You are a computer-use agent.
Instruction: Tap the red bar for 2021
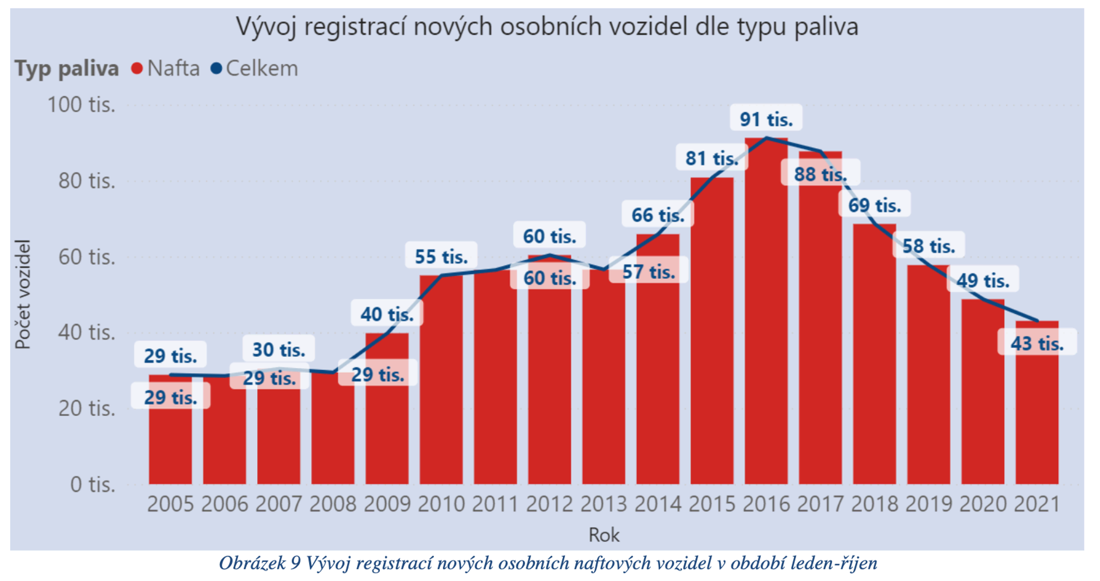pyautogui.click(x=1037, y=413)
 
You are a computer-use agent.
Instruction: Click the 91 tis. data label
pyautogui.click(x=766, y=119)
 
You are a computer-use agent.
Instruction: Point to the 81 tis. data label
pyautogui.click(x=712, y=158)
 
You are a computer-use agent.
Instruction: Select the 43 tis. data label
pyautogui.click(x=1037, y=343)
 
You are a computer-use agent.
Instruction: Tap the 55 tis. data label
pyautogui.click(x=441, y=256)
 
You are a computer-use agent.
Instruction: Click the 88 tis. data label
pyautogui.click(x=820, y=174)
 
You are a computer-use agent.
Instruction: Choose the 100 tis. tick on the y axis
pyautogui.click(x=82, y=105)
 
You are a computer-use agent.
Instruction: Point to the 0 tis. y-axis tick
pyautogui.click(x=93, y=484)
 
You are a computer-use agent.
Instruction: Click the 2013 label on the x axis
pyautogui.click(x=603, y=504)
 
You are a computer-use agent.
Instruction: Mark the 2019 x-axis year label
pyautogui.click(x=929, y=504)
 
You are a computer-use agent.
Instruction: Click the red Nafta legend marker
pyautogui.click(x=137, y=69)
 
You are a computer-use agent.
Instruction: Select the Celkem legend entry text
pyautogui.click(x=262, y=69)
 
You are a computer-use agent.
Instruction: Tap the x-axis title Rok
pyautogui.click(x=604, y=535)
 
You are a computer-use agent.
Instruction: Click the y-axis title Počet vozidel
pyautogui.click(x=22, y=294)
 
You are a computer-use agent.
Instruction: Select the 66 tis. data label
pyautogui.click(x=658, y=215)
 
